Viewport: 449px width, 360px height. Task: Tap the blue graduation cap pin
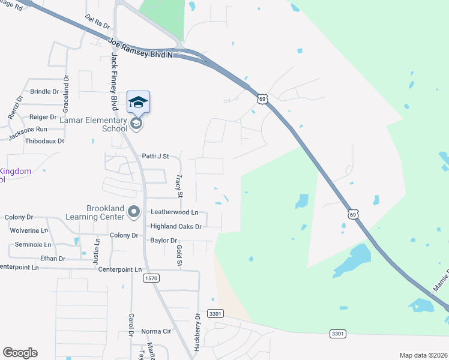point(138,102)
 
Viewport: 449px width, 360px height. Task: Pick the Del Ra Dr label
point(97,22)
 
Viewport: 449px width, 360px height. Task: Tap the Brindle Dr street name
point(44,92)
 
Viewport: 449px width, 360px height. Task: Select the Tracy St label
point(179,186)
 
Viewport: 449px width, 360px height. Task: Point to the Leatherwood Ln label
point(174,212)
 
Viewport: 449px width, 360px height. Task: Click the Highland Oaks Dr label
point(176,226)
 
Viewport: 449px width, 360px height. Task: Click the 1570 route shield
point(151,278)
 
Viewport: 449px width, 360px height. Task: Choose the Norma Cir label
point(156,331)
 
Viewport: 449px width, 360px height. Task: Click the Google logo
point(20,353)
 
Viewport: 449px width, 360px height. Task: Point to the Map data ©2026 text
point(423,355)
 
